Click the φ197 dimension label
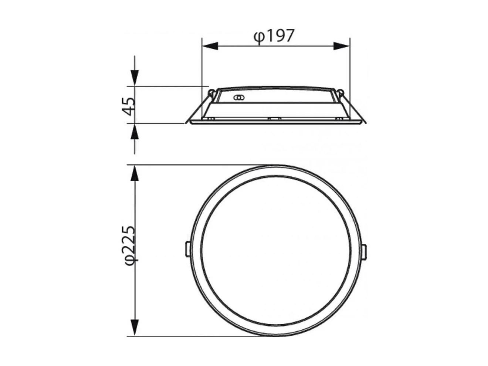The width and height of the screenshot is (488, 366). click(x=274, y=36)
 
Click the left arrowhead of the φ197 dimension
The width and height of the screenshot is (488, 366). click(x=210, y=46)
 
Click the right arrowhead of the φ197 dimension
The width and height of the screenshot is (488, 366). click(x=341, y=46)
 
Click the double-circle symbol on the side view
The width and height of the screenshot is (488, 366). click(x=238, y=98)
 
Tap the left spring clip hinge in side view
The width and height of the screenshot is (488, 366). click(x=211, y=92)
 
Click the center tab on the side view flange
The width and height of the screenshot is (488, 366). click(x=274, y=119)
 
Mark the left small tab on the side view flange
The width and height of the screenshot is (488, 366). click(x=211, y=119)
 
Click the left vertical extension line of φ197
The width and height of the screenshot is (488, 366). click(x=202, y=63)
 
